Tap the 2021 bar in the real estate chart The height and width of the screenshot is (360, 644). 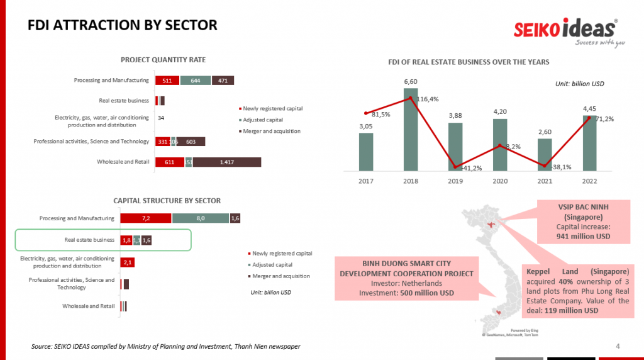(x=545, y=155)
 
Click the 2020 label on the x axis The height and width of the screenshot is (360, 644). (x=500, y=181)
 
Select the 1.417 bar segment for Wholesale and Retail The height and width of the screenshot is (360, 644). (x=227, y=162)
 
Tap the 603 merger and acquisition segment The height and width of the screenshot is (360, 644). (x=191, y=142)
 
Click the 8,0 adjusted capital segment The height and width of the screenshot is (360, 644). (x=201, y=218)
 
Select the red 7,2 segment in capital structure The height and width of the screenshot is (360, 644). (x=146, y=218)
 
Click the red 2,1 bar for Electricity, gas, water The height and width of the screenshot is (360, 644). (x=128, y=262)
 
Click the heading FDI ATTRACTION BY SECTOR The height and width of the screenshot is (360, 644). (x=123, y=26)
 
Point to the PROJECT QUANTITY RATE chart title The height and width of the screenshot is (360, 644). (x=163, y=60)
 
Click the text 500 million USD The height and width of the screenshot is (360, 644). (x=427, y=293)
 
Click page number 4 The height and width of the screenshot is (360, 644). (x=618, y=346)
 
